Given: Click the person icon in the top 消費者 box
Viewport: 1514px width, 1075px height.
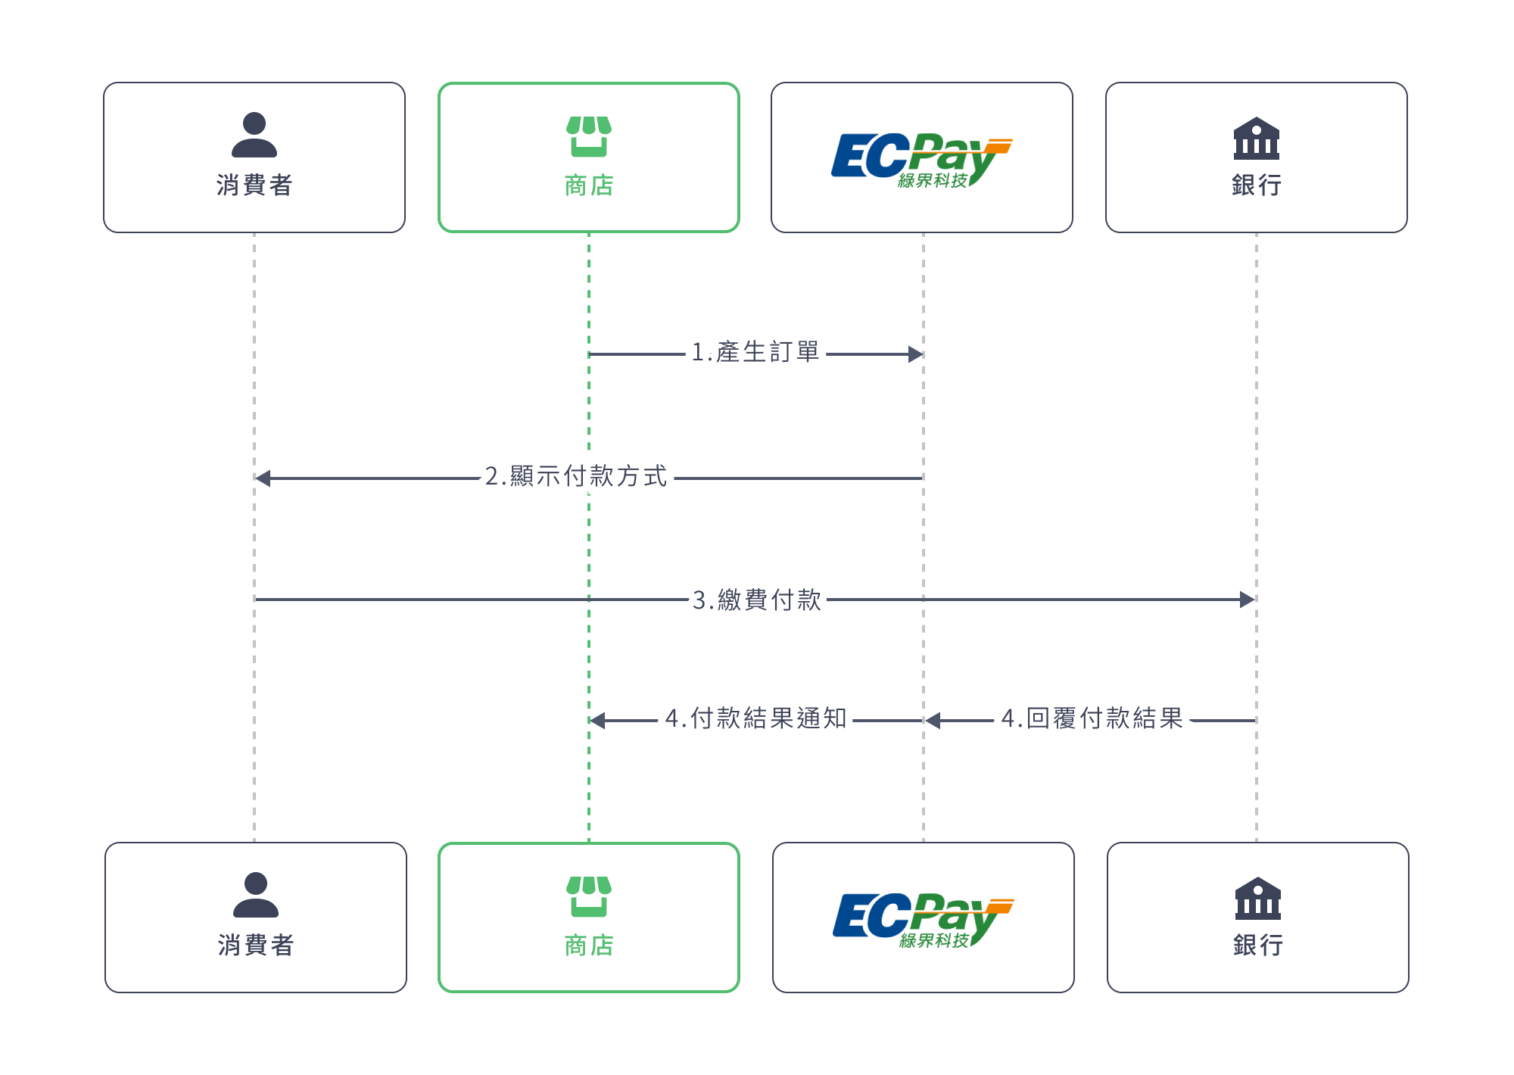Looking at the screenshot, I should click(254, 135).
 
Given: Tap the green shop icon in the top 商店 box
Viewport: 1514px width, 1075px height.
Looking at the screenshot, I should click(589, 136).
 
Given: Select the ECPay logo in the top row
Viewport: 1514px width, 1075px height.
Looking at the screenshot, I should click(921, 159).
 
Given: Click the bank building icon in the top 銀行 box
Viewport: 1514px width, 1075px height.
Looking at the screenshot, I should click(1257, 139).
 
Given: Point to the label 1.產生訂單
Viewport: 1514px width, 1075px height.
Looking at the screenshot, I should click(755, 353).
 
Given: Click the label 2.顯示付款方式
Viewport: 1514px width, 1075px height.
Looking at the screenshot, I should click(577, 477).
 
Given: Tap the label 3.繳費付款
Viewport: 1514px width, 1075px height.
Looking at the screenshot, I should click(757, 600).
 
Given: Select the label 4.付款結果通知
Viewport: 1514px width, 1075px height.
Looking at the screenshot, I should click(755, 718).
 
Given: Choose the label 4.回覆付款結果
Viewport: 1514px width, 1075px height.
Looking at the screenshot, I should click(1092, 718).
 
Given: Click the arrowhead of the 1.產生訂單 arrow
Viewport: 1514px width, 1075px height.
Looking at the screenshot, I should click(916, 354).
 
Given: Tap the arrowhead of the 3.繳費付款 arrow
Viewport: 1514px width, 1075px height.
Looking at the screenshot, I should click(1248, 600).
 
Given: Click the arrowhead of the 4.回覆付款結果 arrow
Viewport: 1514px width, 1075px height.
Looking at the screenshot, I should click(933, 721).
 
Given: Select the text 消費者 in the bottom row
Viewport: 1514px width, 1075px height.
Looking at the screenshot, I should click(256, 945).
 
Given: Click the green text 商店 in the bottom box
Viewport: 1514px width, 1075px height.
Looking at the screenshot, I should click(589, 946).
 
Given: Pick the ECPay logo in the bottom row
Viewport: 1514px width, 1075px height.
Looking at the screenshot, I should click(923, 919).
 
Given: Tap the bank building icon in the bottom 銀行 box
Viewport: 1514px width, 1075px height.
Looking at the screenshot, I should click(1258, 899).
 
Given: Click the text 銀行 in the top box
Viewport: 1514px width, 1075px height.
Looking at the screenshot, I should click(1257, 185).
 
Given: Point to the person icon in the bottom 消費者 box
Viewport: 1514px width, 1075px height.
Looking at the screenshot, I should click(256, 895).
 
